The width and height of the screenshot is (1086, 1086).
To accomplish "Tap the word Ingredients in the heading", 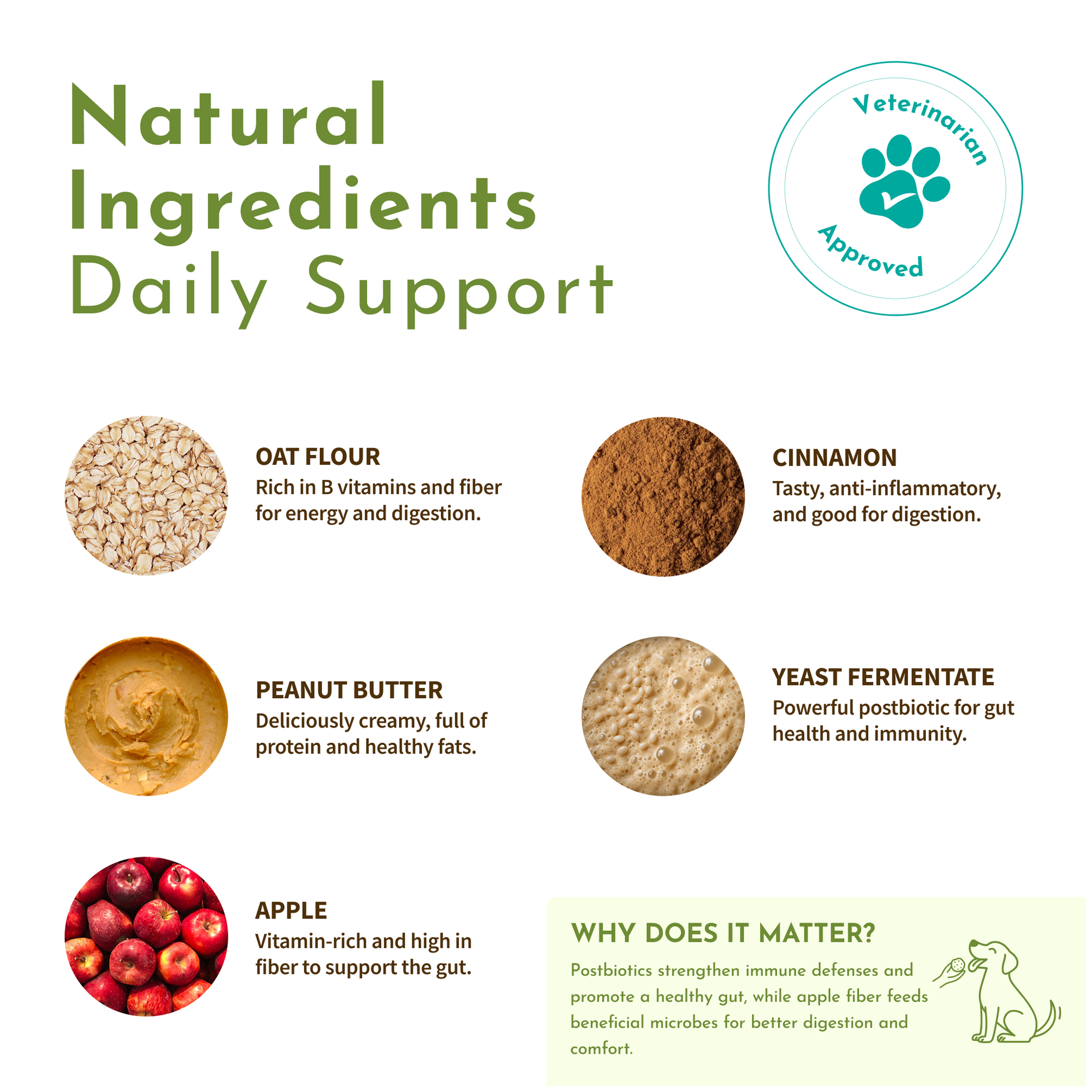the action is [x=304, y=206].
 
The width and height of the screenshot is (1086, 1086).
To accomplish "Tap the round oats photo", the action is [x=146, y=495].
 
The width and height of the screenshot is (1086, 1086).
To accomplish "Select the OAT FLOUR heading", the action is [x=318, y=457].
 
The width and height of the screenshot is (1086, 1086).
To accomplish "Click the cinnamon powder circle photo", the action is [x=664, y=496].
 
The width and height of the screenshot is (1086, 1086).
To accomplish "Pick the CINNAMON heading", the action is [x=834, y=458].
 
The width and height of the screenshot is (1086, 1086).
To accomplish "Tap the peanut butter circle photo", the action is [x=146, y=716].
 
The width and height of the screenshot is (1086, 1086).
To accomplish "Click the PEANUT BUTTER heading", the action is [x=349, y=690].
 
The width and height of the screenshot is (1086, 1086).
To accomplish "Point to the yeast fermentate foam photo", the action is [x=664, y=716].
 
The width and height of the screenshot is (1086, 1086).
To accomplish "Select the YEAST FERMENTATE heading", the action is [x=883, y=677].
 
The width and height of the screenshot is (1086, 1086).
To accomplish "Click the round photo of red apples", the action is [x=146, y=936].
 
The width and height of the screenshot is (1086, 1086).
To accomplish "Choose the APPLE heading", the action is [x=291, y=911].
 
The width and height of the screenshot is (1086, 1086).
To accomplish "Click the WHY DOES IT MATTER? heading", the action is [x=723, y=934].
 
